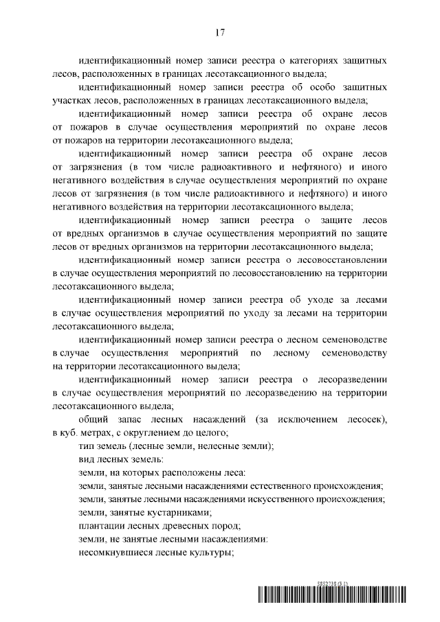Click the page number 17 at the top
click(x=220, y=32)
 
